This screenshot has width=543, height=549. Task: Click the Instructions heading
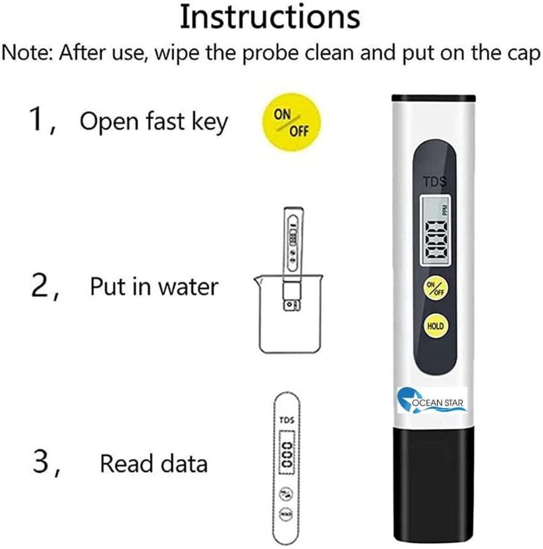click(270, 18)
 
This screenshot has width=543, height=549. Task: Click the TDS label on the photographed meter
click(435, 181)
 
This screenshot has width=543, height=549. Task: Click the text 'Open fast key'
click(153, 121)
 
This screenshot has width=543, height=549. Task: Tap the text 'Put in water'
click(153, 287)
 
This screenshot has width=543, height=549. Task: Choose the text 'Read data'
click(153, 464)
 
